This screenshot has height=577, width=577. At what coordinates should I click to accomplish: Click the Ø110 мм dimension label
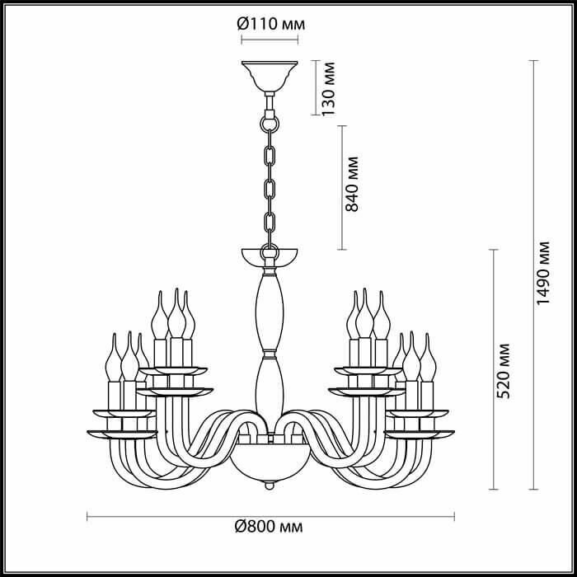271,24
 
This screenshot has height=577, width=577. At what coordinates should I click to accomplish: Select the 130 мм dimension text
328,89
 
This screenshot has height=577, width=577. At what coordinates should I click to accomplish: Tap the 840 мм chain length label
351,184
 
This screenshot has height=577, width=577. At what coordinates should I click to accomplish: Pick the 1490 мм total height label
542,273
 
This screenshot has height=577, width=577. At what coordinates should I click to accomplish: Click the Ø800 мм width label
269,527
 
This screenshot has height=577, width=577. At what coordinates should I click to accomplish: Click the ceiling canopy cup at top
270,76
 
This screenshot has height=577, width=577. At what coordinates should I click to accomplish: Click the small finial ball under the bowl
270,486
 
